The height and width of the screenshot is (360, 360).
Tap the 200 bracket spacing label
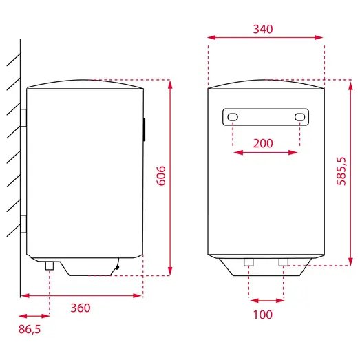(263, 143)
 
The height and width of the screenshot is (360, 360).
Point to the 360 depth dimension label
(80, 308)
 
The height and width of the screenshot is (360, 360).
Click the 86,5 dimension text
(30, 329)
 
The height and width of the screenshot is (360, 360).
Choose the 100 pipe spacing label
(263, 315)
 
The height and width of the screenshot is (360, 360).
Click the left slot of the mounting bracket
(233, 117)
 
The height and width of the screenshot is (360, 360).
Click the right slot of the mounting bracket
(299, 117)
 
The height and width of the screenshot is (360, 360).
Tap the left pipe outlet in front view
(248, 262)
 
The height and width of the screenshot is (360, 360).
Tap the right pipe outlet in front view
(283, 262)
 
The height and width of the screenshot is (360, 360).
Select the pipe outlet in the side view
(50, 265)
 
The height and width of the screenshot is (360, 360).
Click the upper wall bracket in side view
(23, 118)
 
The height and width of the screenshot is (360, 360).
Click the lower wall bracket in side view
(23, 224)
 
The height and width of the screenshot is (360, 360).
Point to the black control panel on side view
(144, 129)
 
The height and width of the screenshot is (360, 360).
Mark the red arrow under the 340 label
(265, 39)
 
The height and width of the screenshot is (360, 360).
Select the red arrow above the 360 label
(81, 295)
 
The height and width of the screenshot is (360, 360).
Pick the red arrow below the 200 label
(265, 153)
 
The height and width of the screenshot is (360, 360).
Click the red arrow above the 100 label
(266, 300)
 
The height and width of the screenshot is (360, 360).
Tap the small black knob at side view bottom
(118, 268)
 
